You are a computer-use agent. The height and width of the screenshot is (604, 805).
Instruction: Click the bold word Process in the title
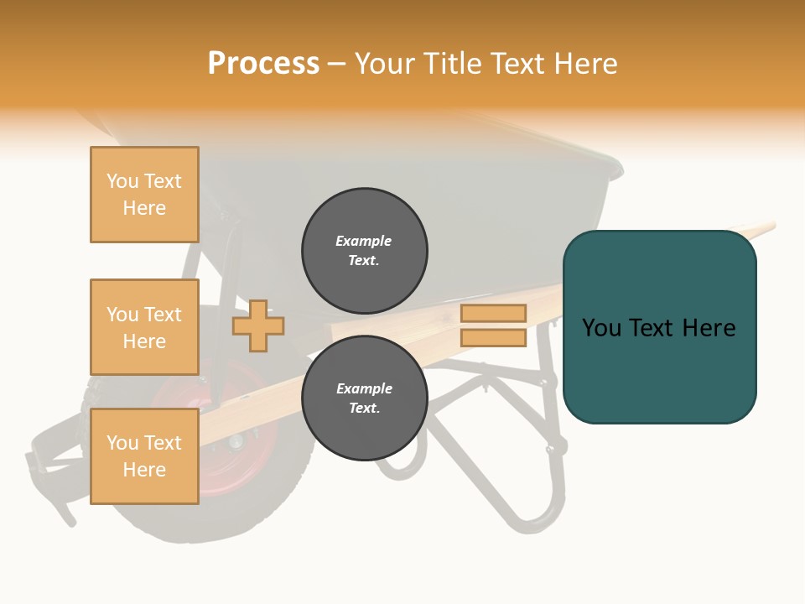coord(263,64)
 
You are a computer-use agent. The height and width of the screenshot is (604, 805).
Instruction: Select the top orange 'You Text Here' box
coord(144,195)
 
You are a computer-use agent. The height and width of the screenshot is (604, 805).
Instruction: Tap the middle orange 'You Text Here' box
coord(144,327)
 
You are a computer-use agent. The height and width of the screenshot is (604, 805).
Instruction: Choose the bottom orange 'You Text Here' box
coord(144,456)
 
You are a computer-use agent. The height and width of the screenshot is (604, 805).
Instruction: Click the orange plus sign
coord(258,325)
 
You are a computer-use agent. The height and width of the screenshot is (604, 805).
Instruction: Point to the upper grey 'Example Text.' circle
coord(365,251)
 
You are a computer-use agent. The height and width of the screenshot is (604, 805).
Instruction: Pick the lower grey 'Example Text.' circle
coord(365,398)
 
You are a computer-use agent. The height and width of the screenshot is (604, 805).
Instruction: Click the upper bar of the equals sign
coord(493,313)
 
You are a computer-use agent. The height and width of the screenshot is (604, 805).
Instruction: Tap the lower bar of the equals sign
coord(493,337)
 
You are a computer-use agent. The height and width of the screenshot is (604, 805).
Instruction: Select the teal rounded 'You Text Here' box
coord(659,327)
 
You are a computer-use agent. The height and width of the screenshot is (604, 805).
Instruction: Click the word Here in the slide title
coord(586,64)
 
